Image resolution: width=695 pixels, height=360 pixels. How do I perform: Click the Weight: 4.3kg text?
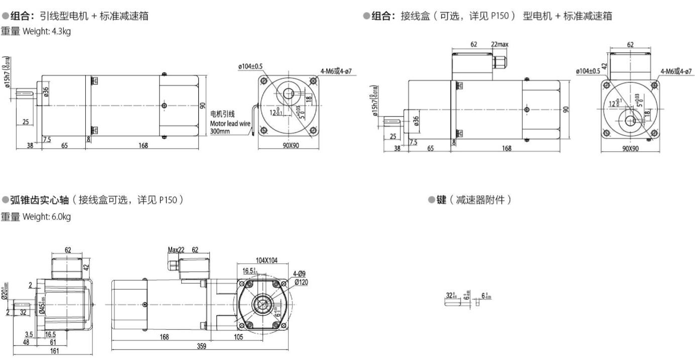[x=46, y=31]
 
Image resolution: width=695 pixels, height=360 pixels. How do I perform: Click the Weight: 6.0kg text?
[x=46, y=217]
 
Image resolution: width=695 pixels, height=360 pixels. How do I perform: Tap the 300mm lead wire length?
[x=219, y=131]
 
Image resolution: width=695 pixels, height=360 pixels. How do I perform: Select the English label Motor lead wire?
[x=230, y=123]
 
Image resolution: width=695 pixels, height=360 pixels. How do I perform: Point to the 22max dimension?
[x=499, y=44]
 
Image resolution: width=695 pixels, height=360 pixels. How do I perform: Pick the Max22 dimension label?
[x=177, y=250]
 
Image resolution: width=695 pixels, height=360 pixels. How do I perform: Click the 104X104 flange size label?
[x=266, y=261]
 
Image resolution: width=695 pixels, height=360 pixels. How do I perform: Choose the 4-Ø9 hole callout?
[x=300, y=274]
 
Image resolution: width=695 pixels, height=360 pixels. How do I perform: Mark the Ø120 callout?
[x=301, y=282]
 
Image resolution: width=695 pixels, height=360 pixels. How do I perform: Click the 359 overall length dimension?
[x=201, y=346]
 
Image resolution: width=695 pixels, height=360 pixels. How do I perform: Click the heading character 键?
[x=442, y=200]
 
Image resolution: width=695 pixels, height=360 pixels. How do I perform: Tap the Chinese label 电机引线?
[x=222, y=114]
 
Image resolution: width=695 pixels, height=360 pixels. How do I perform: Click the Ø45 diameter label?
[x=42, y=306]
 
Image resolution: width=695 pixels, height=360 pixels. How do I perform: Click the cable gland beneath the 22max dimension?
[x=499, y=63]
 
